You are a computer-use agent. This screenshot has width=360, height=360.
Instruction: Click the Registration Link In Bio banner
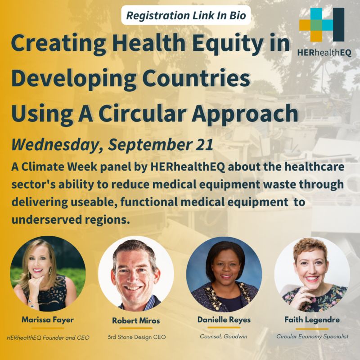click(x=185, y=16)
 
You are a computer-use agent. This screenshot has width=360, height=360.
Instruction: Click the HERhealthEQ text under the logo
click(x=324, y=52)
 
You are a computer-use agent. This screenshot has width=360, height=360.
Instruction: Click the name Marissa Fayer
click(x=48, y=320)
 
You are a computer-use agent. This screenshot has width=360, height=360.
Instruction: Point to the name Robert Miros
click(x=136, y=321)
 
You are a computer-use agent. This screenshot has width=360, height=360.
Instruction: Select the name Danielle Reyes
click(x=224, y=320)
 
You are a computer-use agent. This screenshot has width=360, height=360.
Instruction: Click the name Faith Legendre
click(x=312, y=320)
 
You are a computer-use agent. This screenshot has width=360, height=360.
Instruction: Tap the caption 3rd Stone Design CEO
click(x=136, y=337)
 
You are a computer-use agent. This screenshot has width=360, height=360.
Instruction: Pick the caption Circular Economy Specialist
click(x=312, y=336)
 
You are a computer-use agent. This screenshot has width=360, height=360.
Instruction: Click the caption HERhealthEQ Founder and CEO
click(x=48, y=337)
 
